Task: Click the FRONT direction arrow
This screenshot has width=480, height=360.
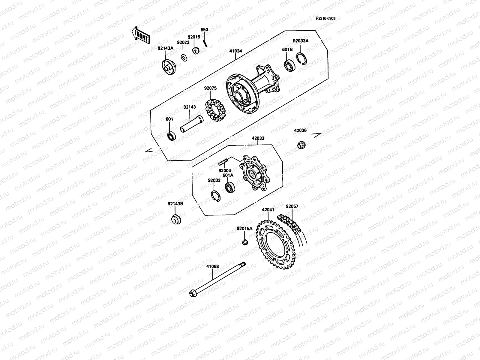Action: pyautogui.click(x=140, y=35)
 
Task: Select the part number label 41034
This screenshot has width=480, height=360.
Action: pyautogui.click(x=235, y=51)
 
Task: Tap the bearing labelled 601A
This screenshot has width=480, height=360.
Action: pyautogui.click(x=230, y=187)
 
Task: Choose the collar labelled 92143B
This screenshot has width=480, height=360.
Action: pyautogui.click(x=176, y=219)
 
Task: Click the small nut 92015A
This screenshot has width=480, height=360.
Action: pyautogui.click(x=245, y=242)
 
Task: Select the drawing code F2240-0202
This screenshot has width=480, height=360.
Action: pyautogui.click(x=325, y=18)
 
